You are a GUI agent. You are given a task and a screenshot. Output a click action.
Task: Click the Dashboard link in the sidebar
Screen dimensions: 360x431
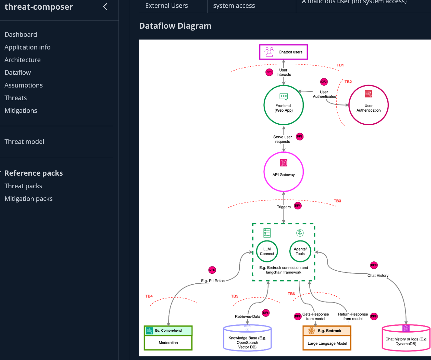coord(21,34)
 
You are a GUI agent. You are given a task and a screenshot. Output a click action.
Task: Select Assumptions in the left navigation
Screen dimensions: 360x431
coord(24,85)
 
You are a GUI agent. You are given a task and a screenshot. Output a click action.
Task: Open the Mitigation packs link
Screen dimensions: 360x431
coord(28,199)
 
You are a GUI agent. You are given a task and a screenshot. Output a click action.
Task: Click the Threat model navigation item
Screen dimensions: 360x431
coord(24,142)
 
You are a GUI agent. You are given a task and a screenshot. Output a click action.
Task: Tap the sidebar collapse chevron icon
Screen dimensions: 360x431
coord(105,7)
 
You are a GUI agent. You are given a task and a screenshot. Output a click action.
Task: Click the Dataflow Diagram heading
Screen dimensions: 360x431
coord(175,26)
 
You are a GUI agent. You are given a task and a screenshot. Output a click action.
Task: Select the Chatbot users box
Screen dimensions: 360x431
coord(283,52)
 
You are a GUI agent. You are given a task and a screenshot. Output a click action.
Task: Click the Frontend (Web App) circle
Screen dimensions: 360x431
coord(283,105)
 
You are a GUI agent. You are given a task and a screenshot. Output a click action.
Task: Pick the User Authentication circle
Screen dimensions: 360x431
coord(368,105)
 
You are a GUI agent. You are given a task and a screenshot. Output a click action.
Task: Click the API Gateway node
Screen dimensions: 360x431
coord(283,172)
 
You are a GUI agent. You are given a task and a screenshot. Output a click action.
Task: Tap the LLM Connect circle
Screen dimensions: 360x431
coord(267,251)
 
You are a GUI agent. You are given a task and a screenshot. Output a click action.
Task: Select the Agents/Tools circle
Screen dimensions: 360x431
coord(300,251)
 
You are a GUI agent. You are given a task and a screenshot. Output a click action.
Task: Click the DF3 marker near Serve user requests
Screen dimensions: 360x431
coord(299,136)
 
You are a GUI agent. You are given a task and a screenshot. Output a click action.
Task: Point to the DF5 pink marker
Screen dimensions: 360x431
coord(212,270)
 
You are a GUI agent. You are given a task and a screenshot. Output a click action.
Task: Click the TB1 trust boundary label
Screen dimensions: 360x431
coord(340,65)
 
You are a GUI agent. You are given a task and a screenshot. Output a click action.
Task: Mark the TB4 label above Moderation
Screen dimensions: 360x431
coord(149,296)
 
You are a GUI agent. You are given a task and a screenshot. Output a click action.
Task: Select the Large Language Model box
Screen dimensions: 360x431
coord(327,343)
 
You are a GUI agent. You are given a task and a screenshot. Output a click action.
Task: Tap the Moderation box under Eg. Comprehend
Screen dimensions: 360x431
coord(168,343)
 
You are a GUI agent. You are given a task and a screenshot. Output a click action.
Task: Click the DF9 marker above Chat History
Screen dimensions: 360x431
coord(374,265)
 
